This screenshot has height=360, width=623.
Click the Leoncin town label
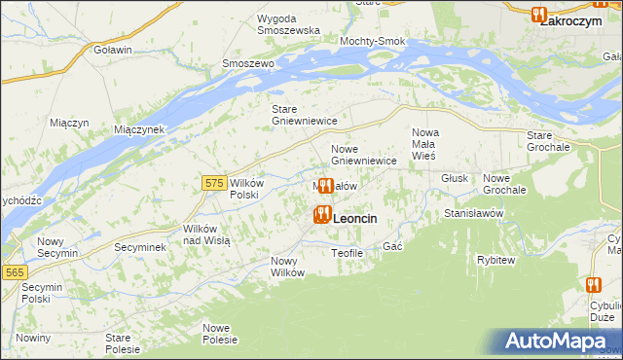(x=354, y=220)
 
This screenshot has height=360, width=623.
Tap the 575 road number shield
(x=215, y=182)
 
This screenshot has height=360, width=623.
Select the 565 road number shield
(x=14, y=273)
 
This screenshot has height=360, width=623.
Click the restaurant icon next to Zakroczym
(x=538, y=14)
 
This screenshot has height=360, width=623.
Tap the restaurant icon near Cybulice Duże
(x=594, y=285)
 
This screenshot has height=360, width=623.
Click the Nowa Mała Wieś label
(x=425, y=144)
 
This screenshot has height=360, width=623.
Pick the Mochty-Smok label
(x=372, y=42)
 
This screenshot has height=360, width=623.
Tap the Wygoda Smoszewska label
(x=288, y=24)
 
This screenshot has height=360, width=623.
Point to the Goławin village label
(x=112, y=49)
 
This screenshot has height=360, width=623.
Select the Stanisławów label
(x=472, y=212)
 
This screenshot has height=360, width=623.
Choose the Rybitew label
(x=496, y=260)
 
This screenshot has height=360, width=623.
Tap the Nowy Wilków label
(x=288, y=267)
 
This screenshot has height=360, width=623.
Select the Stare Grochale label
(x=547, y=140)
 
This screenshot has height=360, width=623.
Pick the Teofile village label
(x=347, y=253)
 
